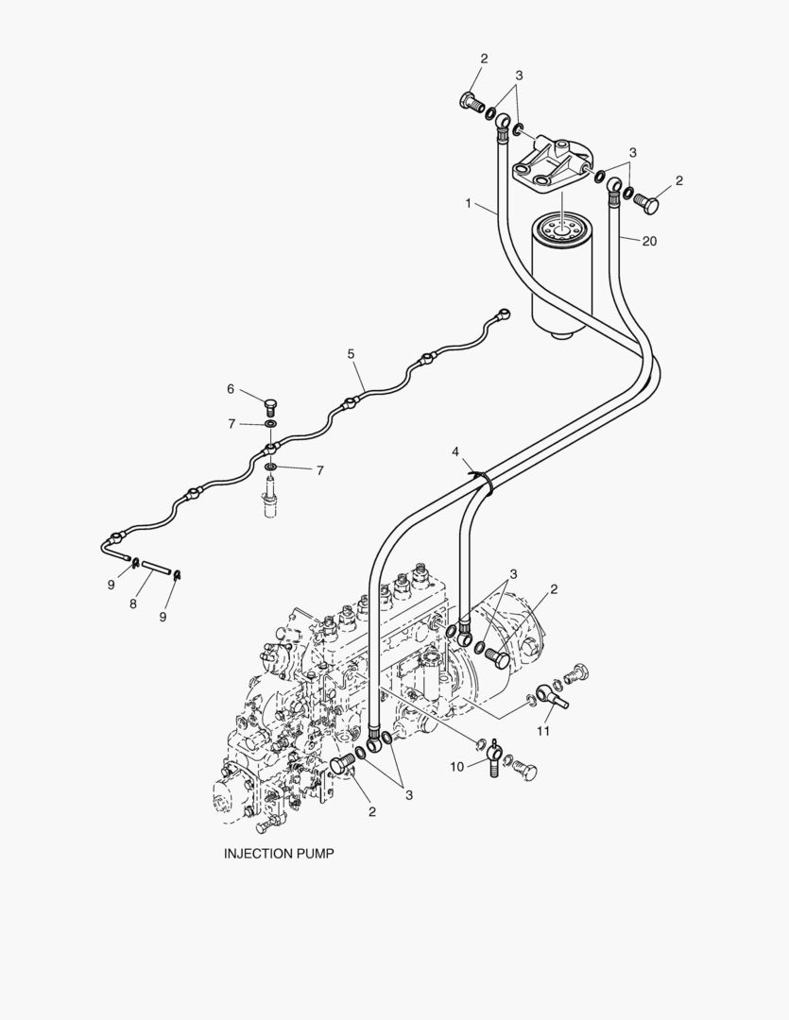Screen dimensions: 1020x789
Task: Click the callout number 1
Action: pos(468,204)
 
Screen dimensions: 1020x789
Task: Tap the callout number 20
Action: pos(648,241)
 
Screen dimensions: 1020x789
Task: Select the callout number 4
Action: pos(455,452)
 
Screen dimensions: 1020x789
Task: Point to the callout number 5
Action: pos(351,354)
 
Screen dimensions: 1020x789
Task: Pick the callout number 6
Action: pos(230,388)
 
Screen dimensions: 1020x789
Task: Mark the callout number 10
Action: pos(457,766)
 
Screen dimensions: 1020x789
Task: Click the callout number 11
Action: pos(543,731)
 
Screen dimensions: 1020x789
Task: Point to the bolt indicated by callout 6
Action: pos(269,407)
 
